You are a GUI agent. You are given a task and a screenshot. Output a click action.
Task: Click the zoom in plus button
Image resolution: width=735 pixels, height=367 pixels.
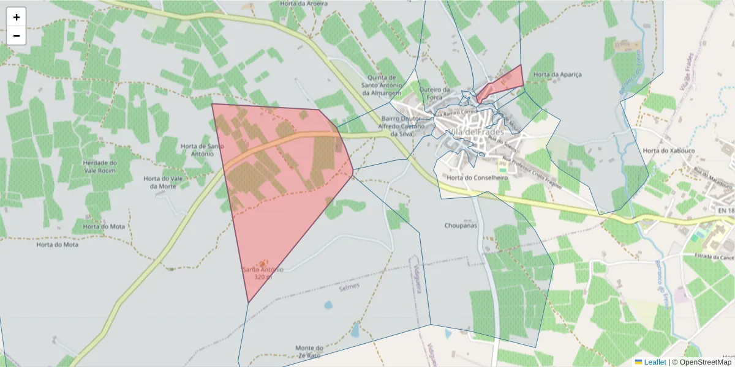coord(17,17)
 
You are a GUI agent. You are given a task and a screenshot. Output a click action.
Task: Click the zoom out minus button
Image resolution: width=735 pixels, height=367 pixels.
coord(17,35)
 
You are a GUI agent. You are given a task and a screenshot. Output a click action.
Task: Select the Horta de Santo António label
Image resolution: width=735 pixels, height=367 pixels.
coord(197,150)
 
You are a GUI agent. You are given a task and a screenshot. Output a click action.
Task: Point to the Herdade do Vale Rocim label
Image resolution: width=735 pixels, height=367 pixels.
coord(100,166)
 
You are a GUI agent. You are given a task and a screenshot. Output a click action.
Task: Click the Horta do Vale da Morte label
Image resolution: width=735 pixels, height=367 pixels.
coord(163,182)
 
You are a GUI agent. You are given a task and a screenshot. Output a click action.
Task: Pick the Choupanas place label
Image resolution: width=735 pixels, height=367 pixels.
coord(461,226)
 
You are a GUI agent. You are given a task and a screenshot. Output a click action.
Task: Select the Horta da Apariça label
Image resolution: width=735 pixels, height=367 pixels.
coord(557,75)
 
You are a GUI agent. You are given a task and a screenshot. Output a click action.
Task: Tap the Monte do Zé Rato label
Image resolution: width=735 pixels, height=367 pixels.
coord(309,351)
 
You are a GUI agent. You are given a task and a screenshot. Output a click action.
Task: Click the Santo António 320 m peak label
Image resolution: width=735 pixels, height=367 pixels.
coord(263,273)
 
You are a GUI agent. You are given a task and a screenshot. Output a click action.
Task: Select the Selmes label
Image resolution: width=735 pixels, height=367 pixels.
coord(349,286)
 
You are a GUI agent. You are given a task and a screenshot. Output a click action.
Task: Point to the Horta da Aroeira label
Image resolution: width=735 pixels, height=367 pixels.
coord(303,4)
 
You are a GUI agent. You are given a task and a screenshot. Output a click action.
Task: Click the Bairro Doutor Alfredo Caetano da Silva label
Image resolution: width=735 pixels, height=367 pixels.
coord(401,125)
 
